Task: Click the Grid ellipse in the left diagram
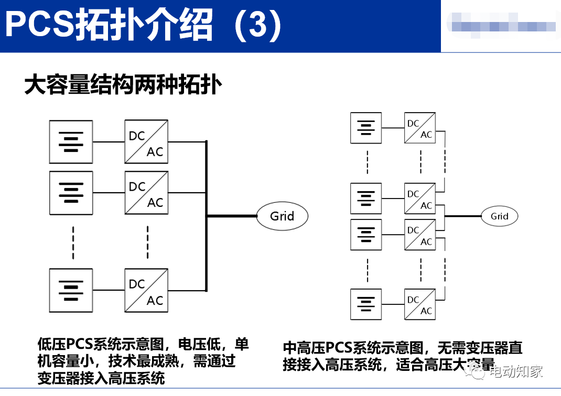(x=282, y=216)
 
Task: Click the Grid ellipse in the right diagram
(x=499, y=216)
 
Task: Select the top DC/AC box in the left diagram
(x=146, y=141)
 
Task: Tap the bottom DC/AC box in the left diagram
(x=146, y=291)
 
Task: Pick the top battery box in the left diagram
(x=71, y=141)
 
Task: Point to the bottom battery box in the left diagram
(x=71, y=291)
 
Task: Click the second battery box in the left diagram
(x=71, y=192)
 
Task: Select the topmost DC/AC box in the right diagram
(x=420, y=128)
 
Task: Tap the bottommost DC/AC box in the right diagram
(x=420, y=304)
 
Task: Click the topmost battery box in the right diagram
(x=366, y=128)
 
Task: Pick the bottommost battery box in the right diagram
(x=366, y=304)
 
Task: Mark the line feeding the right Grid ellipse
(x=463, y=216)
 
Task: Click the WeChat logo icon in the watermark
(x=478, y=372)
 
